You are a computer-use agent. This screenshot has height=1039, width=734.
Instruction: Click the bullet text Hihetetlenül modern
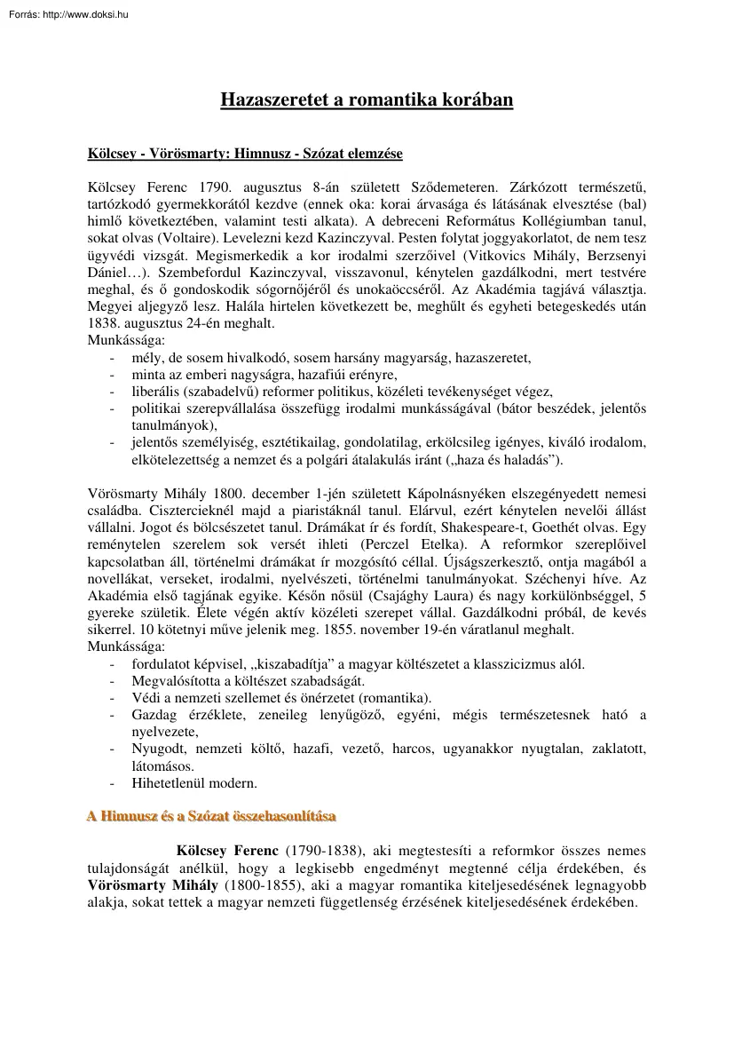pyautogui.click(x=194, y=783)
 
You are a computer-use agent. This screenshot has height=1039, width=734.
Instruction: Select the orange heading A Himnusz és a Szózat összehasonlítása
pyautogui.click(x=211, y=815)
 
